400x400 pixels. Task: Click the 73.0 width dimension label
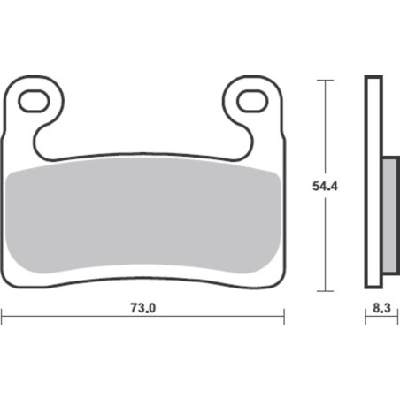point(142,308)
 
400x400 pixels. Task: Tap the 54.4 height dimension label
point(325,187)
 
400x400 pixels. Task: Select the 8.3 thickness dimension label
point(381,308)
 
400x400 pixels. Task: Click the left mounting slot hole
point(34,102)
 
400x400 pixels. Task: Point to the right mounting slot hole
point(252,102)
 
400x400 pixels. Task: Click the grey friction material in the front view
point(142,215)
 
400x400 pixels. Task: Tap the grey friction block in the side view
point(389,215)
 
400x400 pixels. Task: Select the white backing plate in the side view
point(373,182)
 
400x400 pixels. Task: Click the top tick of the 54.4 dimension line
point(325,80)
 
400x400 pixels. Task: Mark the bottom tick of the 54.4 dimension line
point(325,291)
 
